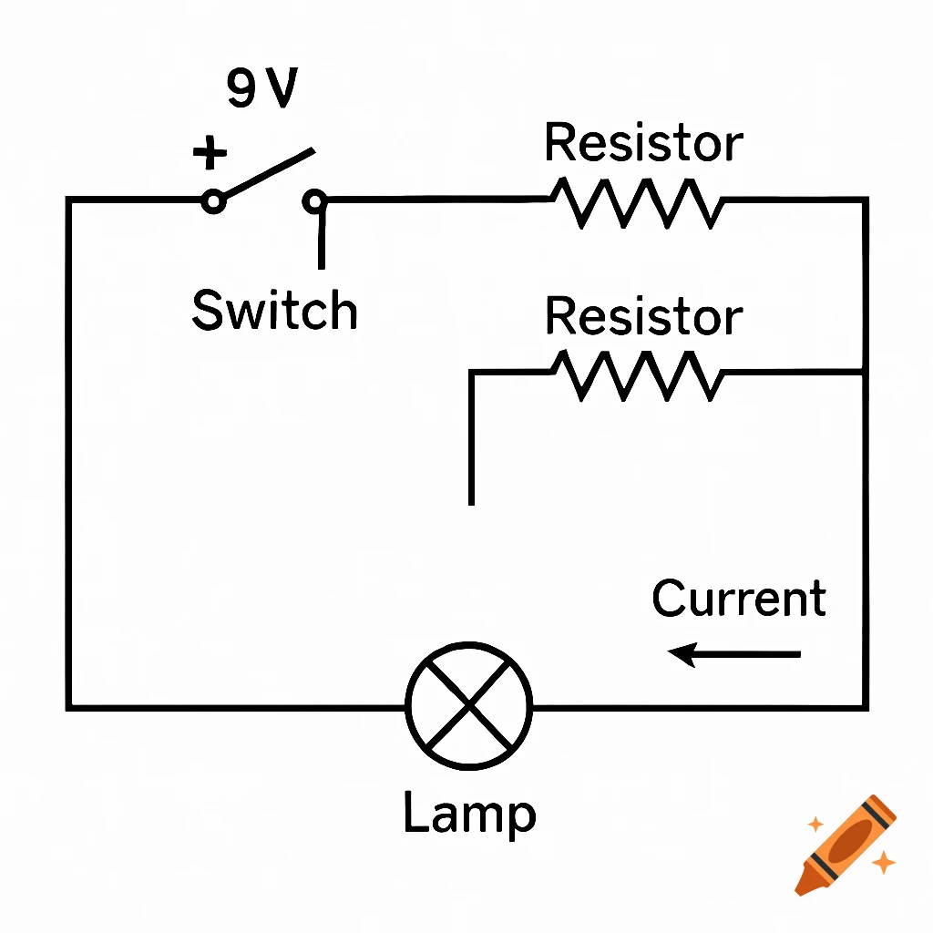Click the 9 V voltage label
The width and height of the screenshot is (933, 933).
pos(261,89)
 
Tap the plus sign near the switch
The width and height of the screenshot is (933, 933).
pos(210,154)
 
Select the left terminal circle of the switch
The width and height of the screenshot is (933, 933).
pos(213,200)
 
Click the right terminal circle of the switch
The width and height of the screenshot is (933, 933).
pos(315,200)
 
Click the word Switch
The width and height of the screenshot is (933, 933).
pos(274,311)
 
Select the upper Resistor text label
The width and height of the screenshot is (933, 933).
pos(643,144)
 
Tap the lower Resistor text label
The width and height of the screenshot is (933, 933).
pos(643,317)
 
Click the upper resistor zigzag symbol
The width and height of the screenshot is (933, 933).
pos(637,202)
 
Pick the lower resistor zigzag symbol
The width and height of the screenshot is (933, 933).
pos(637,374)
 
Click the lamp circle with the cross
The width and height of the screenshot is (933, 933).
pos(469,704)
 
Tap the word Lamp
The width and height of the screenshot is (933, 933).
pos(469,814)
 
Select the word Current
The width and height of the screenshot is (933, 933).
pos(739,599)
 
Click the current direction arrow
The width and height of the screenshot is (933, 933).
pos(734,653)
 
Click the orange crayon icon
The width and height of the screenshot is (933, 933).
pos(846,844)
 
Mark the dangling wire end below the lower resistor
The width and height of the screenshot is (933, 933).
pos(471,499)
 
